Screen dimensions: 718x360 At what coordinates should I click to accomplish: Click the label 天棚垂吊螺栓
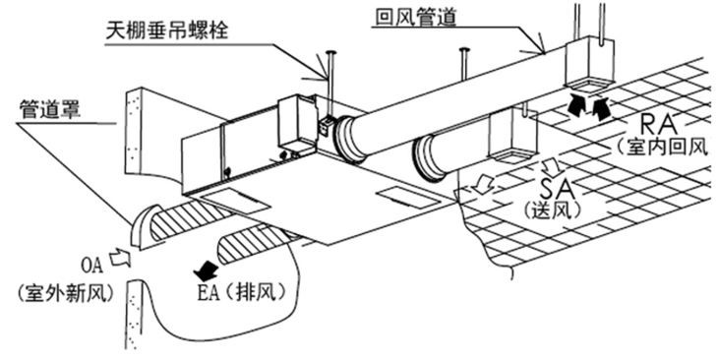coord(166,31)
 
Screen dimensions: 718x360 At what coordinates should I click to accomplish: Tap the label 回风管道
coord(415,17)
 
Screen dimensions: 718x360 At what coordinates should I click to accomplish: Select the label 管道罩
coord(49,110)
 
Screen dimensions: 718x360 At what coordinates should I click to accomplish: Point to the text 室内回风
coord(666,147)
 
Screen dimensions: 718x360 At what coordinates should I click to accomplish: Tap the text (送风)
coord(553,209)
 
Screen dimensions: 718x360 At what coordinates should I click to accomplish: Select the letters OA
coord(92,266)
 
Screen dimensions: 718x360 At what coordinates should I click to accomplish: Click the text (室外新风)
coord(66,293)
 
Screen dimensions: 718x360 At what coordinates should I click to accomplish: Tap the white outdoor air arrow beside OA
coord(121,257)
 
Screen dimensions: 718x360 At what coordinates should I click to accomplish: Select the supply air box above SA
coord(511,136)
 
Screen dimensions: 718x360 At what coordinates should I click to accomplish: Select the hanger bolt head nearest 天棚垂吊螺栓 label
coord(330,52)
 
